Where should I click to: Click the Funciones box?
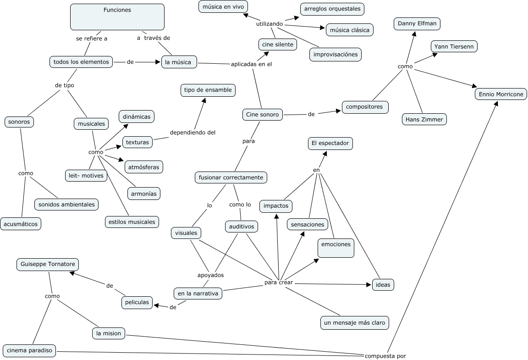(x=117, y=17)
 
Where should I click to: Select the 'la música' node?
(x=179, y=62)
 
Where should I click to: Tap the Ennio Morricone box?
(x=500, y=94)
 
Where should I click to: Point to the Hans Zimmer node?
(x=424, y=119)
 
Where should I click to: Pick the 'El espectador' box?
(x=330, y=144)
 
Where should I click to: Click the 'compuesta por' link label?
(x=385, y=356)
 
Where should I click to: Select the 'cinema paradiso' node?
(x=30, y=351)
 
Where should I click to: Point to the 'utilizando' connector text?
(x=269, y=23)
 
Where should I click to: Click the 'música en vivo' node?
(x=223, y=6)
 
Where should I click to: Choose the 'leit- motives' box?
(x=86, y=175)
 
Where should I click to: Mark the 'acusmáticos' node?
(x=21, y=224)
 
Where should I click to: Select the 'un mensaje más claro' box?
(x=355, y=323)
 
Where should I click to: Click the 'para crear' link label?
(x=279, y=282)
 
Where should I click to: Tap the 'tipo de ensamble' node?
(x=208, y=90)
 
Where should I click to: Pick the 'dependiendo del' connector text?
(x=192, y=133)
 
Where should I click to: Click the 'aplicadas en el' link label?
(x=251, y=64)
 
